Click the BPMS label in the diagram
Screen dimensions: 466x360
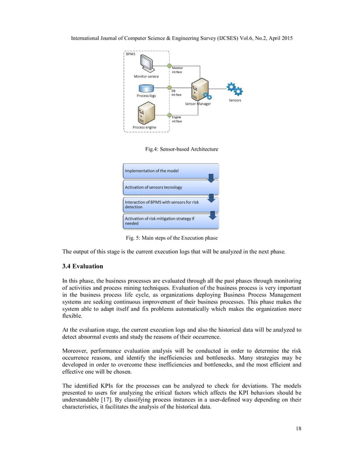(131, 54)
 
